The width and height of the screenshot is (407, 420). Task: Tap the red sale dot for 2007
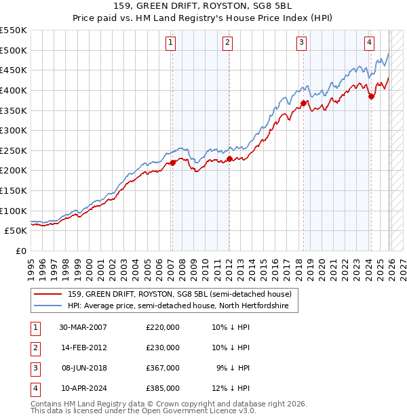(172, 163)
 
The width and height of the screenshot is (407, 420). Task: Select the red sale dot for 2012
(229, 159)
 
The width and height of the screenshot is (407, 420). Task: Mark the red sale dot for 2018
(303, 104)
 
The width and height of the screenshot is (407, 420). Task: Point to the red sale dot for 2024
(371, 96)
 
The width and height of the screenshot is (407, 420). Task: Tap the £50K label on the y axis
(16, 230)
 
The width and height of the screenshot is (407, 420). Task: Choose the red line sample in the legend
(47, 294)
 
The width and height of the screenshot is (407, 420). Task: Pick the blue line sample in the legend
(47, 306)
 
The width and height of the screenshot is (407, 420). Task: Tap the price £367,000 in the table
(162, 368)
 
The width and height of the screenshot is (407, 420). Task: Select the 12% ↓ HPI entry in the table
(231, 388)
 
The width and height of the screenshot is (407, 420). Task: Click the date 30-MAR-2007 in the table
(83, 327)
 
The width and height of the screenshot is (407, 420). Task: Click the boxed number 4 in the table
(34, 388)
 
